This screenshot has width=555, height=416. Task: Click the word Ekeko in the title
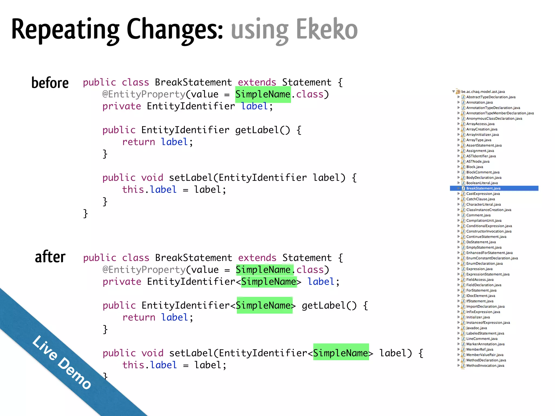pyautogui.click(x=327, y=29)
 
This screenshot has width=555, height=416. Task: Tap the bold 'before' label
pyautogui.click(x=50, y=83)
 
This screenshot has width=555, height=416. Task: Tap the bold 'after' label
pyautogui.click(x=50, y=257)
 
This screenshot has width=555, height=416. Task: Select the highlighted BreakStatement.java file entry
pyautogui.click(x=483, y=188)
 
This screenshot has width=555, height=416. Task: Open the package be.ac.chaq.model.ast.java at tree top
pyautogui.click(x=483, y=92)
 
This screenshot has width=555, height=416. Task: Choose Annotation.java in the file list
pyautogui.click(x=479, y=102)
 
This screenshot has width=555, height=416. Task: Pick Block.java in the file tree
pyautogui.click(x=475, y=167)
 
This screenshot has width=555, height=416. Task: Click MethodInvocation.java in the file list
pyautogui.click(x=485, y=366)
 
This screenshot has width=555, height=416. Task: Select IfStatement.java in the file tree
pyautogui.click(x=480, y=301)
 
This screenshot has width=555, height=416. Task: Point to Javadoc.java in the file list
pyautogui.click(x=476, y=328)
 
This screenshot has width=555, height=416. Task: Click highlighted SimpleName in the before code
pyautogui.click(x=263, y=95)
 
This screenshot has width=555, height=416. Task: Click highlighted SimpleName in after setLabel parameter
pyautogui.click(x=341, y=353)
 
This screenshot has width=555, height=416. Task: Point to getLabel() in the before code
pyautogui.click(x=262, y=130)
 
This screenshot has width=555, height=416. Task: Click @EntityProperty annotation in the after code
pyautogui.click(x=144, y=270)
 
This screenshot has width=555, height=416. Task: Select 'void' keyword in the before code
pyautogui.click(x=152, y=178)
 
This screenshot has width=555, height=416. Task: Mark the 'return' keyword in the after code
pyautogui.click(x=139, y=317)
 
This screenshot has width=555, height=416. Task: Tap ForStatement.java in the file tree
pyautogui.click(x=481, y=290)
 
